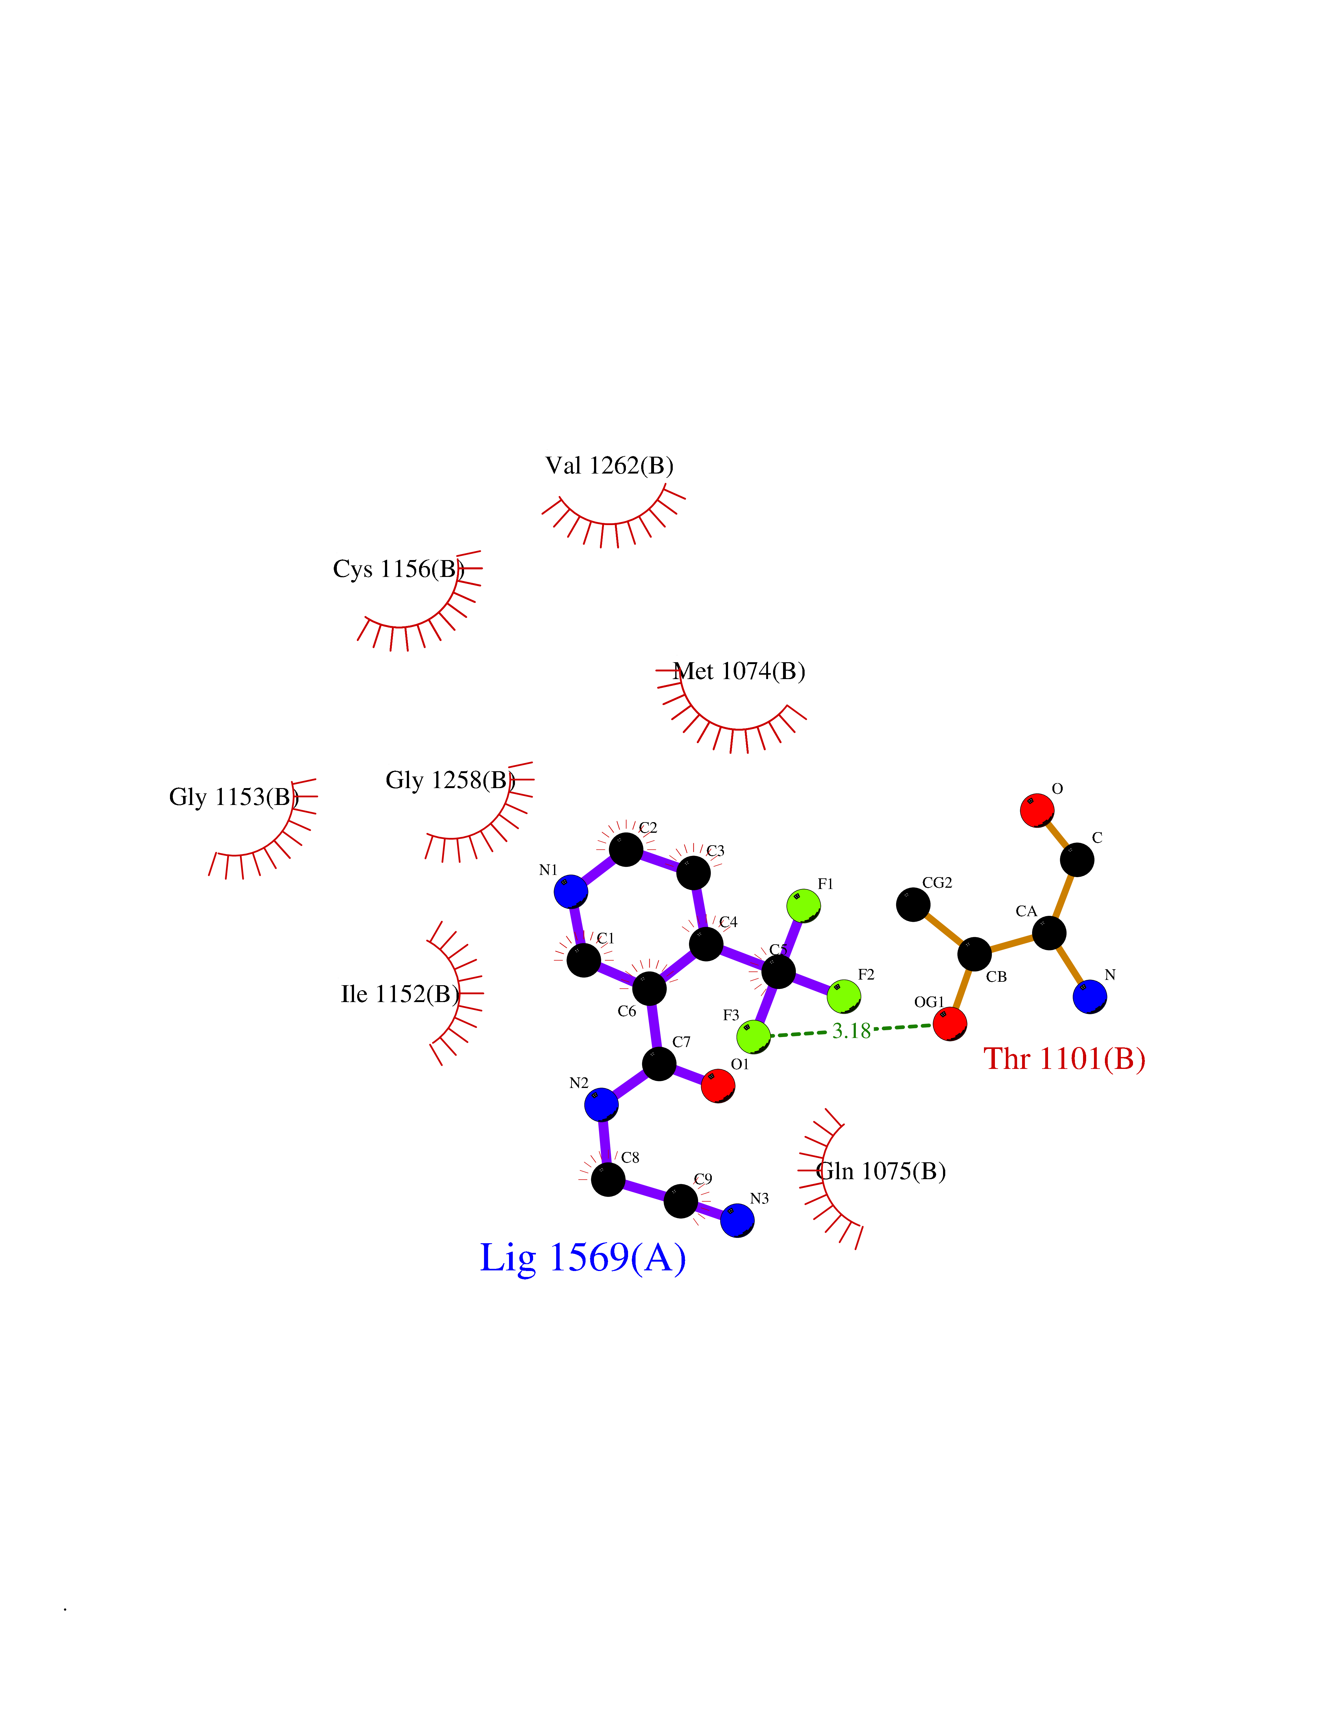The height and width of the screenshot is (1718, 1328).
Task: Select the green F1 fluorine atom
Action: (x=803, y=906)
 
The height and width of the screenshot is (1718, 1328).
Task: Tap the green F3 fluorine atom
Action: (x=754, y=1036)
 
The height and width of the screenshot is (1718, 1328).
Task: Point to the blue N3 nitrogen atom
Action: (x=737, y=1220)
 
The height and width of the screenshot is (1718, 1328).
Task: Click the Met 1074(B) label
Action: (x=740, y=671)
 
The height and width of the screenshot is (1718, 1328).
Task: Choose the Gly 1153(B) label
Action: (x=234, y=797)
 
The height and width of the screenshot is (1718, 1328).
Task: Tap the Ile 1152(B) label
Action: (x=400, y=994)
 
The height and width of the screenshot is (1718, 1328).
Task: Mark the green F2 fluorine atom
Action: (x=843, y=996)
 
